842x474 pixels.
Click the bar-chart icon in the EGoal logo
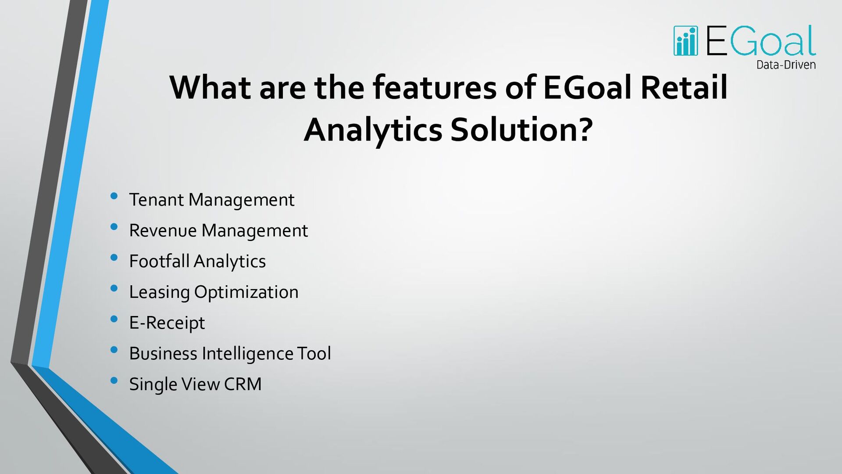pos(685,41)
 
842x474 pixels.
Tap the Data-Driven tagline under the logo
pos(786,65)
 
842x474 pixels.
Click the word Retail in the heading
pos(684,87)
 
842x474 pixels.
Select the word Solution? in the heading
pos(521,130)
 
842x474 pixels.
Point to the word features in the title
pos(435,87)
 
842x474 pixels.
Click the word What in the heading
pos(210,87)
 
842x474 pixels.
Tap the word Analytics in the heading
pos(373,130)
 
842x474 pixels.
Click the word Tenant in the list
pos(156,200)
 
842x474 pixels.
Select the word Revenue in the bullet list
pos(163,230)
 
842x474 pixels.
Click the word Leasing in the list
pos(159,292)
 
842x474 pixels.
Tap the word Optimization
pos(246,292)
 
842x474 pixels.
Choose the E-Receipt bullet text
pos(167,323)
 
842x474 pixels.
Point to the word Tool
pos(314,353)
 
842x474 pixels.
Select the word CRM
pos(243,384)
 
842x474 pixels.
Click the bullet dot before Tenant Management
pos(114,196)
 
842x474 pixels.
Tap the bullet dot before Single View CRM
pos(114,381)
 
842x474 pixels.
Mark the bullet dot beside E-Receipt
pos(114,319)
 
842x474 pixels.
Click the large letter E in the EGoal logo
pos(717,40)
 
